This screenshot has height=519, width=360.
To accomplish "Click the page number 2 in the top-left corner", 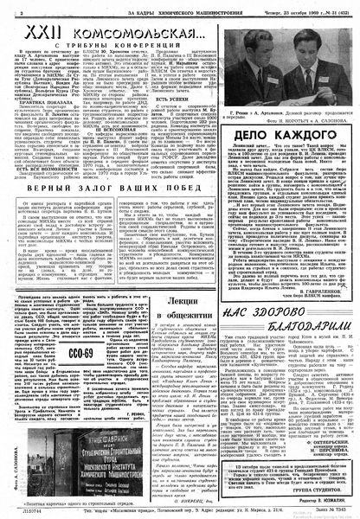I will point(7,8).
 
